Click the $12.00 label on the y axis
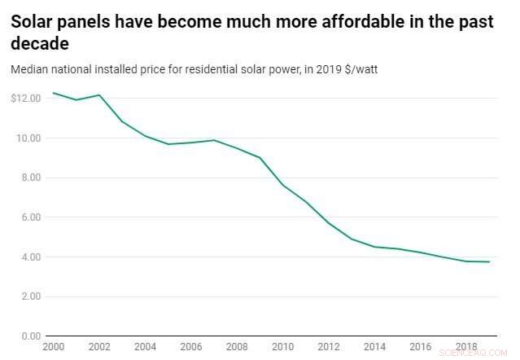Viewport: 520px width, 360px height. click(26, 99)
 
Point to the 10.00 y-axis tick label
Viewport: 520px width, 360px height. click(28, 138)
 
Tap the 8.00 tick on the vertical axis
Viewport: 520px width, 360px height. click(29, 178)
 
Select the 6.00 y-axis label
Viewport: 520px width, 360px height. click(29, 217)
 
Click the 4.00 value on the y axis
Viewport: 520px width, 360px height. click(29, 257)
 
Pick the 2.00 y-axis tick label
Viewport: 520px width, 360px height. click(29, 296)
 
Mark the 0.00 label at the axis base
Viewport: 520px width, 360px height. click(29, 336)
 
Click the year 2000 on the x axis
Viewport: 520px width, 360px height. click(54, 347)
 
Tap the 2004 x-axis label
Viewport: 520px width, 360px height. click(145, 347)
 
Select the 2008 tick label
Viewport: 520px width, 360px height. click(238, 347)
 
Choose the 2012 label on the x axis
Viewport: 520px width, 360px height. click(330, 347)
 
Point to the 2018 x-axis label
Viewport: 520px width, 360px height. click(466, 347)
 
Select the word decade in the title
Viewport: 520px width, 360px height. click(39, 43)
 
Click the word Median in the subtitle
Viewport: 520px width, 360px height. click(28, 70)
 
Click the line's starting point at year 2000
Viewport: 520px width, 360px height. click(54, 93)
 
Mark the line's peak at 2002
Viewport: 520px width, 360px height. click(99, 95)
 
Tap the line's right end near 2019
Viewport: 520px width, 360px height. click(489, 261)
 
